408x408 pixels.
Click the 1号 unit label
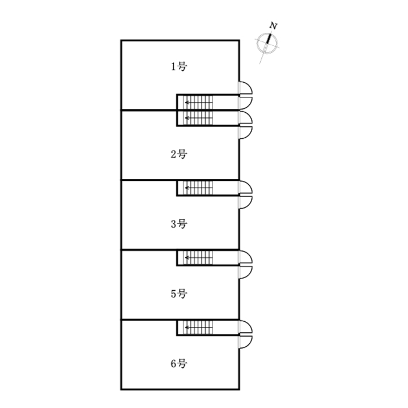pos(179,67)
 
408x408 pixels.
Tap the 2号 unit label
pos(179,154)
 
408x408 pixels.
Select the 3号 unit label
pos(179,224)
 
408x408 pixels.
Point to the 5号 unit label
pos(179,294)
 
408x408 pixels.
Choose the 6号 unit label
pos(179,363)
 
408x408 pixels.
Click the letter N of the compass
pos(273,25)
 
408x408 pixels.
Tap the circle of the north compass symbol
pos(267,43)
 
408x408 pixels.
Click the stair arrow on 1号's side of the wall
pos(198,103)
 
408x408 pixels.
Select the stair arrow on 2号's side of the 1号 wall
pos(198,118)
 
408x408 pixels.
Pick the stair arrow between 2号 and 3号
pos(198,188)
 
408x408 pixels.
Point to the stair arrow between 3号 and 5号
pos(198,258)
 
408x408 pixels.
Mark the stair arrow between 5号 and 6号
pos(198,328)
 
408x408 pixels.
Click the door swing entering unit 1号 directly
pos(245,88)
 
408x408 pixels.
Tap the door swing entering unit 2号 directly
pos(245,133)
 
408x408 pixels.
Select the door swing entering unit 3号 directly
pos(245,202)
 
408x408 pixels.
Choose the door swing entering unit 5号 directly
pos(245,273)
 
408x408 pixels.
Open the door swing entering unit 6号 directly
pos(245,342)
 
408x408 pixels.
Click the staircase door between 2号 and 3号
pos(245,188)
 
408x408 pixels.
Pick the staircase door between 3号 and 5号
pos(245,257)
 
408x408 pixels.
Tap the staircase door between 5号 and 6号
pos(245,327)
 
